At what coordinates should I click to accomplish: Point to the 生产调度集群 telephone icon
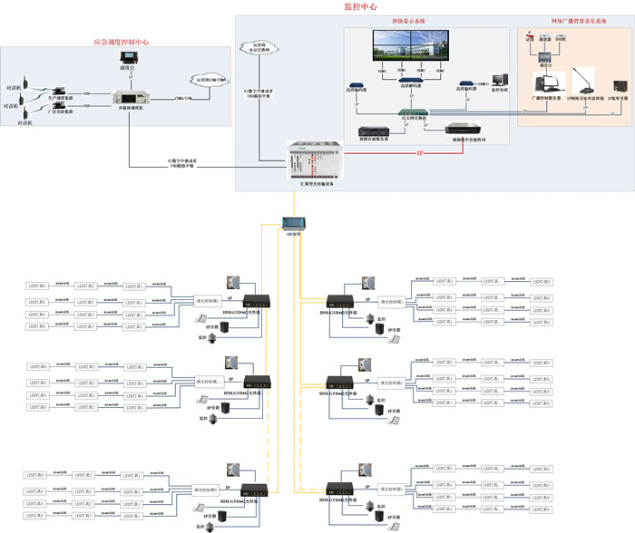[x=57, y=91]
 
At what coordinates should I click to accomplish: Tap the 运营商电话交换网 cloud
[x=260, y=47]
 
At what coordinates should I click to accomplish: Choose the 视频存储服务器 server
[x=375, y=131]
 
